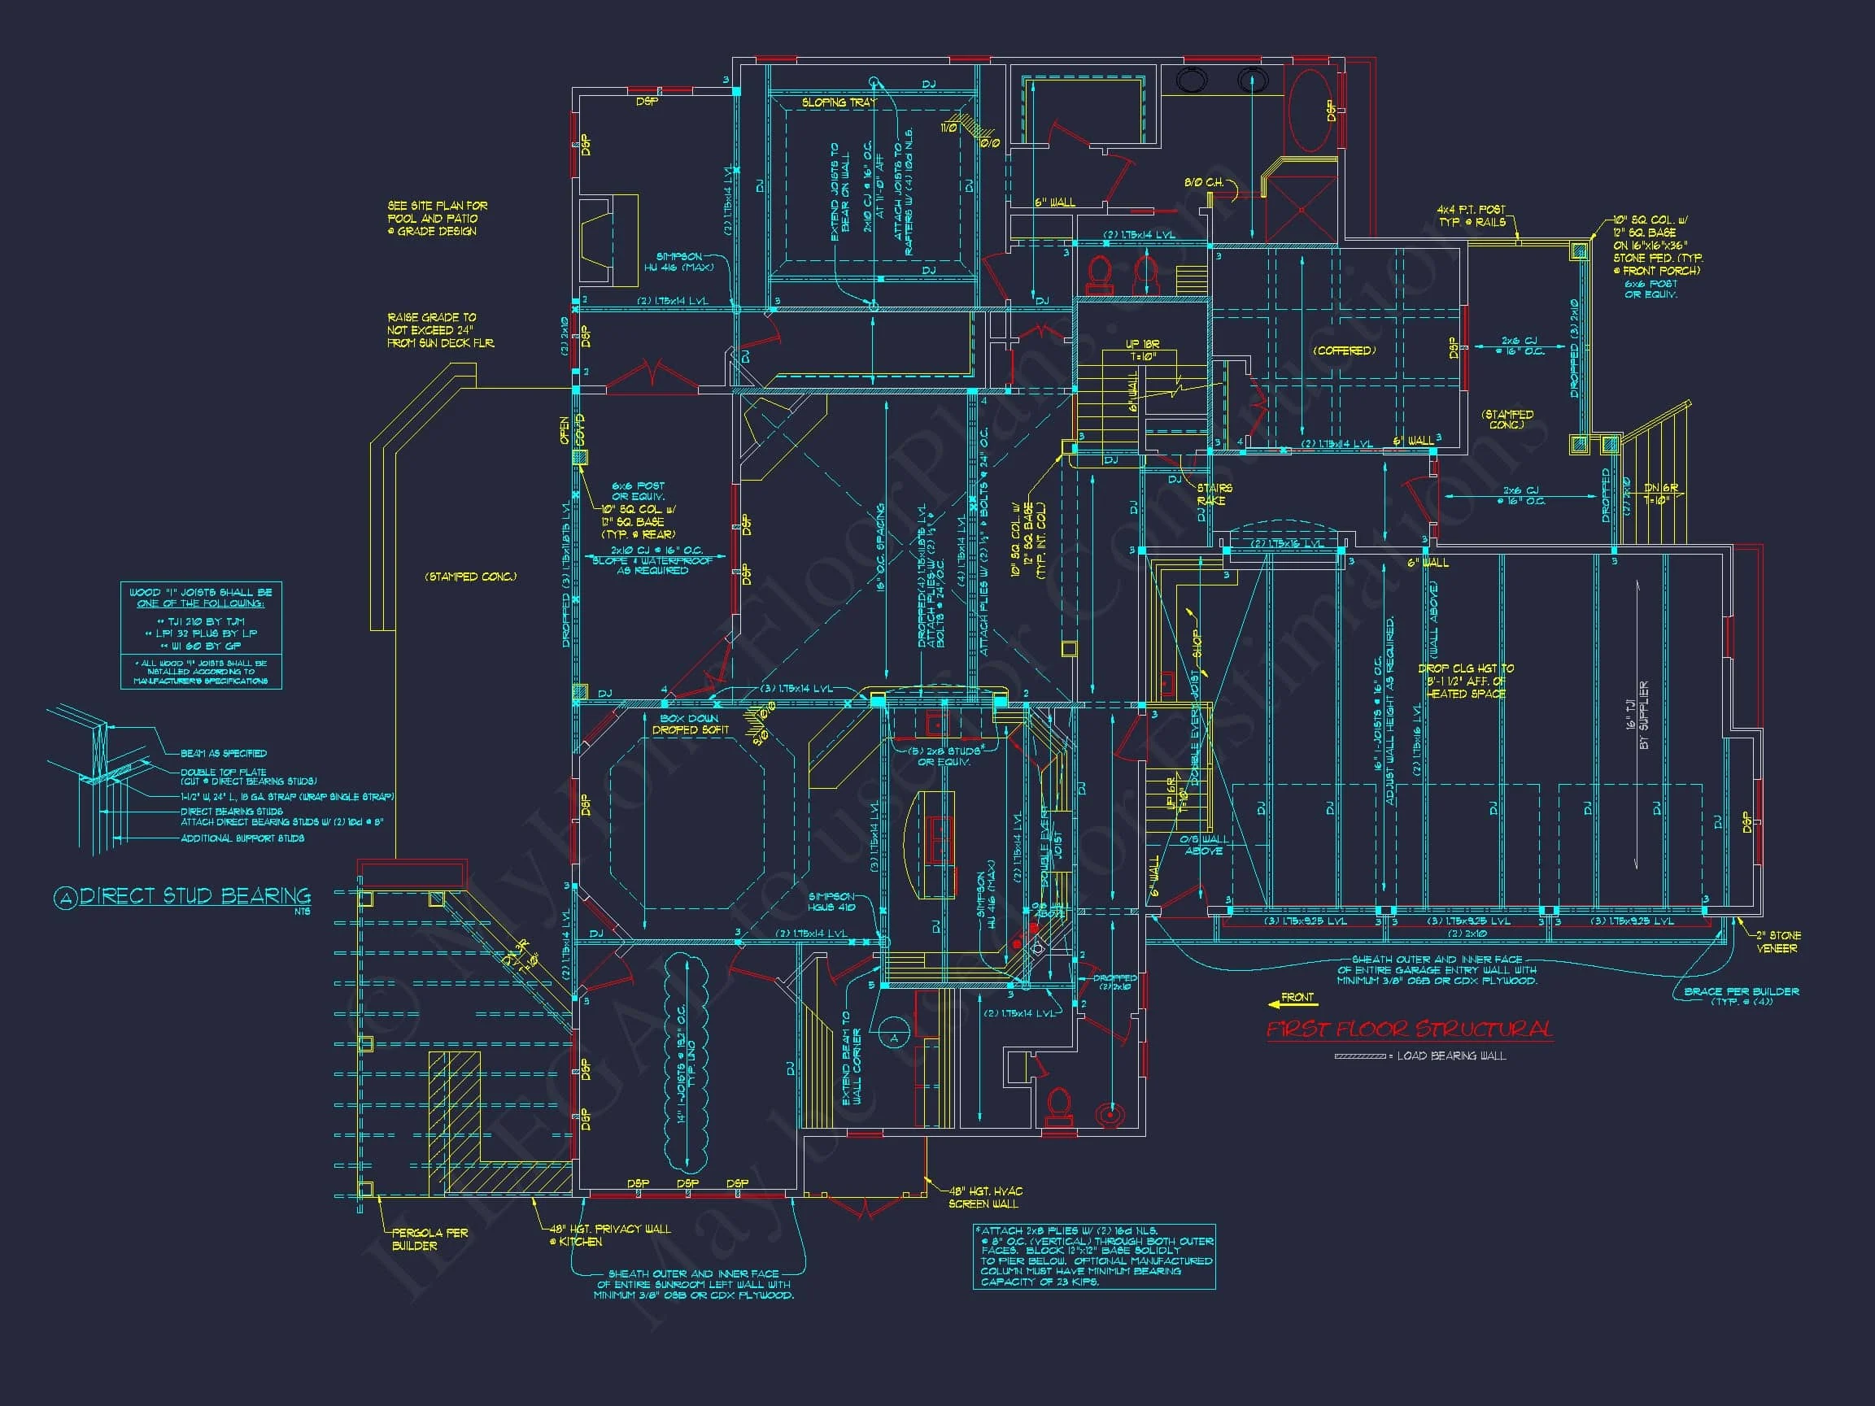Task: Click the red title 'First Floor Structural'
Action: pos(1410,1029)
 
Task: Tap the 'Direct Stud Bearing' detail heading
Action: pos(195,897)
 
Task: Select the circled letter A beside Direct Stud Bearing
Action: pos(65,899)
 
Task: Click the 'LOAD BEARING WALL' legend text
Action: pos(1451,1056)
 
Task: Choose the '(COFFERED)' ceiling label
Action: pos(1345,350)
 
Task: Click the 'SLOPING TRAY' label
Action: pos(839,102)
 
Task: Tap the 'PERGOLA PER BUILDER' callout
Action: pos(429,1239)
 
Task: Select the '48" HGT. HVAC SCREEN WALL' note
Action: pos(985,1198)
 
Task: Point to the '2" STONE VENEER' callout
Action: pos(1777,942)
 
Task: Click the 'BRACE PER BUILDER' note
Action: pos(1741,995)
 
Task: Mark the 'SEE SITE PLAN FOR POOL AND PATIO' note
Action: pos(438,219)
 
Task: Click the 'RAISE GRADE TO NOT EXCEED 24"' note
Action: pos(440,330)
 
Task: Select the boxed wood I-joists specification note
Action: pos(201,635)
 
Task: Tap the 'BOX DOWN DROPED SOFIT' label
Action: pos(690,724)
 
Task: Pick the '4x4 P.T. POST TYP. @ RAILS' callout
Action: pos(1472,215)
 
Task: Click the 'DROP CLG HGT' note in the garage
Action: pos(1466,681)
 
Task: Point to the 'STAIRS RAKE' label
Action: pos(1214,494)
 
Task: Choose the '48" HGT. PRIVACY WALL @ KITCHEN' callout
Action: pos(608,1234)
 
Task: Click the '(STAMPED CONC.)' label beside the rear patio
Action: pos(470,577)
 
